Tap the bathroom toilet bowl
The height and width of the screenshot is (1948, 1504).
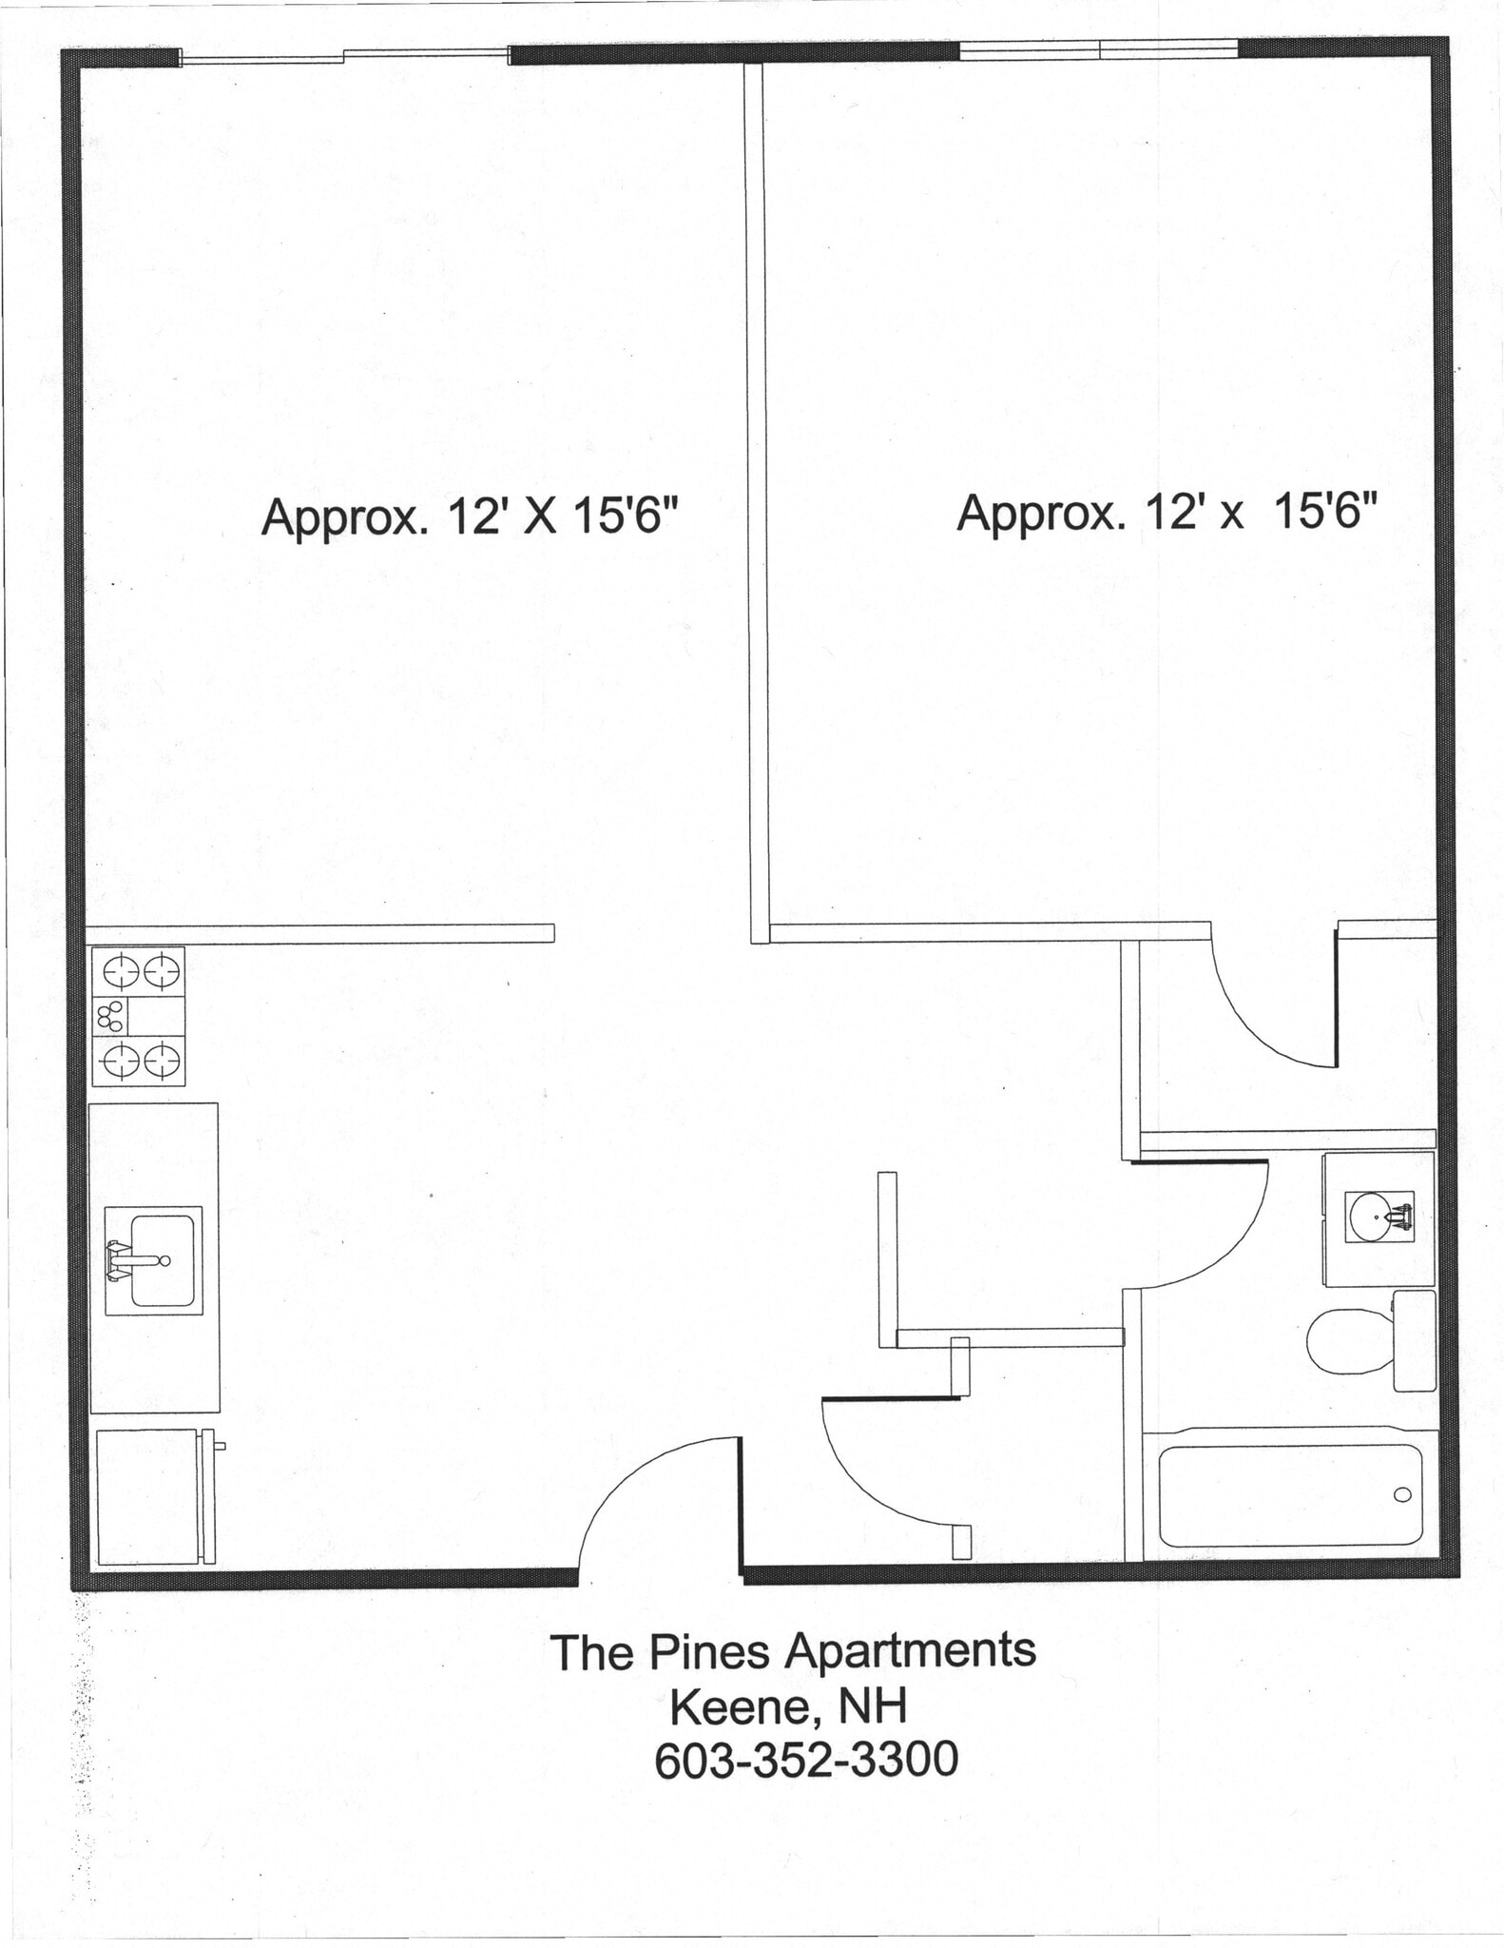(x=1348, y=1341)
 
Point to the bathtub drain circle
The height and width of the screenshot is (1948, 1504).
(x=1402, y=1495)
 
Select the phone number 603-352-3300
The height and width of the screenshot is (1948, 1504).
(x=805, y=1760)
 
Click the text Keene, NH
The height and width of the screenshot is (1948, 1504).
(x=788, y=1706)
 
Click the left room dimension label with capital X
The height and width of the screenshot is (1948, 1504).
(x=470, y=517)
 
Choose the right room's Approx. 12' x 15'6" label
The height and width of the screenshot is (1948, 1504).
(x=1167, y=513)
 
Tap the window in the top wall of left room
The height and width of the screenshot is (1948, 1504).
(x=344, y=56)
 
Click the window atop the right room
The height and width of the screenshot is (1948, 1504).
(x=1098, y=49)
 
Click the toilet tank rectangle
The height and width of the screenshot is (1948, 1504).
(x=1414, y=1340)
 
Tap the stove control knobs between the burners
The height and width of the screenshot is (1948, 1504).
(x=110, y=1017)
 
